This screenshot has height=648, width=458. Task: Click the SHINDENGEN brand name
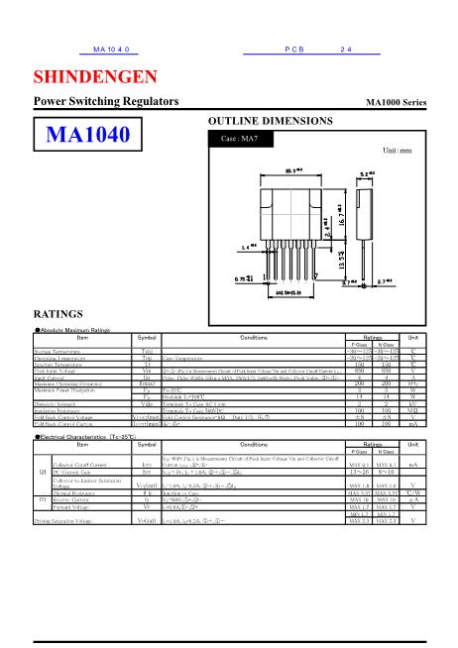tap(94, 77)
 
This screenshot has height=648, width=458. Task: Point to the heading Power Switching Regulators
tap(106, 102)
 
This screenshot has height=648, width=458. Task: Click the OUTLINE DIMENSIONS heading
tap(270, 120)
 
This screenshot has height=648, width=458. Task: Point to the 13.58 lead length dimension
tap(341, 260)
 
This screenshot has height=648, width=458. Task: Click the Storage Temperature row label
tap(61, 351)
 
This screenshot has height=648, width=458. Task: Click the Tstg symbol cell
tap(147, 351)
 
